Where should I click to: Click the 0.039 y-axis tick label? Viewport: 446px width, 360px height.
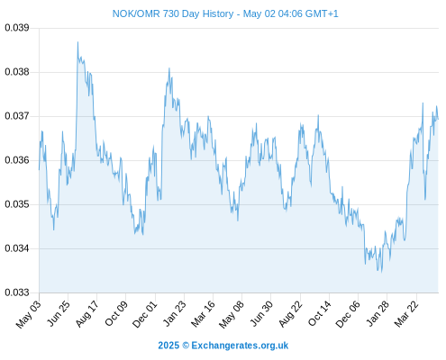[17, 28]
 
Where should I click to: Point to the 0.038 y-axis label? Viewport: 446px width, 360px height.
[17, 72]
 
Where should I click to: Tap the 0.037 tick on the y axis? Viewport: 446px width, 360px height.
[17, 116]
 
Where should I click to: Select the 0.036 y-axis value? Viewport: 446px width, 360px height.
[17, 160]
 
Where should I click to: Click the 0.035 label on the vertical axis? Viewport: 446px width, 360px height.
[17, 204]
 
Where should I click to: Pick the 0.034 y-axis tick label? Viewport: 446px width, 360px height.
[17, 248]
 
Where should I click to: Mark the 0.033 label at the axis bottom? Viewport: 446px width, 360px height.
[17, 292]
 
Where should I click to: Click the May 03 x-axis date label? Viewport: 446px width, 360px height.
[28, 314]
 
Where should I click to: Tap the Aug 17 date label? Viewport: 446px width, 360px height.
[86, 313]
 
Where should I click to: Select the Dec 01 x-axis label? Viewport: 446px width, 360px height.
[145, 314]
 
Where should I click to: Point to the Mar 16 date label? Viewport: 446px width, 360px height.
[204, 313]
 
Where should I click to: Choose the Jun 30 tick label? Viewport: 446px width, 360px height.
[262, 313]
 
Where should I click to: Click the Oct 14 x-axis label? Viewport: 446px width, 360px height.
[320, 313]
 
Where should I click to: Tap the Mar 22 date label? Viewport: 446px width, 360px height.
[406, 313]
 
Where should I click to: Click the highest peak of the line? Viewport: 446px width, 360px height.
[77, 42]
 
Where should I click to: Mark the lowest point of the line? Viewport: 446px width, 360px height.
[382, 272]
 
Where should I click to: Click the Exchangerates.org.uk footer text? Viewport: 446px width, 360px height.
[240, 346]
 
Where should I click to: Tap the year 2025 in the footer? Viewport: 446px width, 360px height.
[168, 346]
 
